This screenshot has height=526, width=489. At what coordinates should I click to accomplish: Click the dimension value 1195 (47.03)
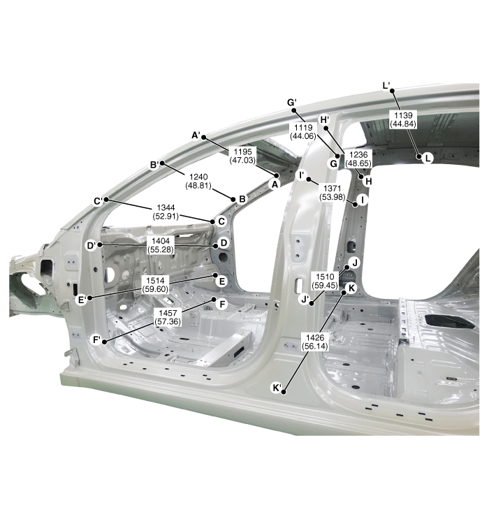tap(242, 156)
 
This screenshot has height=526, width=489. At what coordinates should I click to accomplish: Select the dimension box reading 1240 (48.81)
tap(198, 181)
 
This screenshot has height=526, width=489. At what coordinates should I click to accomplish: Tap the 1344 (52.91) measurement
tap(166, 212)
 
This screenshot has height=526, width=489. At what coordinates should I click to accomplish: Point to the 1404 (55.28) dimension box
tap(161, 245)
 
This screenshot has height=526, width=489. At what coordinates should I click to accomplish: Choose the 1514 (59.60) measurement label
tap(155, 285)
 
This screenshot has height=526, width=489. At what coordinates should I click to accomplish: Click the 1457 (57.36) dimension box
tap(168, 317)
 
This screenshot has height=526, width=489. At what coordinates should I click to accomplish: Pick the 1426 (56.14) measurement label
tap(315, 342)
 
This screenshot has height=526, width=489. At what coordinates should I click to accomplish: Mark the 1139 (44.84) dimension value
tap(403, 119)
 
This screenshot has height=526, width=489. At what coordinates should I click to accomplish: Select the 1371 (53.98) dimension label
tap(332, 193)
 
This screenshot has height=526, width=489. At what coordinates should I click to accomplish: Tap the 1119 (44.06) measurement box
tap(303, 131)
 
